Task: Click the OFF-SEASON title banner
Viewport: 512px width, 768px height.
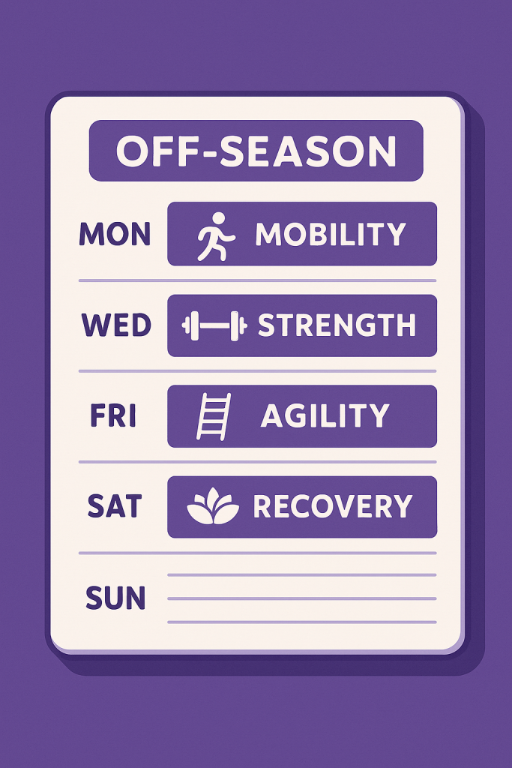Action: pyautogui.click(x=256, y=151)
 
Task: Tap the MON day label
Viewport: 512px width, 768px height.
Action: pyautogui.click(x=115, y=235)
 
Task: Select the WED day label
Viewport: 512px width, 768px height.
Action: pyautogui.click(x=116, y=325)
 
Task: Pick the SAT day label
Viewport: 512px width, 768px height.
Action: pyautogui.click(x=115, y=507)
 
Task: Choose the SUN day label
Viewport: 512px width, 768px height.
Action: pyautogui.click(x=115, y=598)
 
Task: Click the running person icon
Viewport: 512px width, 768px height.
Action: pyautogui.click(x=215, y=236)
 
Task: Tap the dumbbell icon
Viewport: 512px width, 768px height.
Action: pyautogui.click(x=214, y=326)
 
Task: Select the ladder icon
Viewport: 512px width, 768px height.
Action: pyautogui.click(x=213, y=417)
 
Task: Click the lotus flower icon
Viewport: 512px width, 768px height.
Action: pyautogui.click(x=213, y=508)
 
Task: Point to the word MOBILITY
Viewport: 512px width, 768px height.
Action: pyautogui.click(x=331, y=235)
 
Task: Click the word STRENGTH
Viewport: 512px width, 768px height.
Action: pyautogui.click(x=337, y=325)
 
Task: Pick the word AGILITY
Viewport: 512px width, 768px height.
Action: pyautogui.click(x=325, y=416)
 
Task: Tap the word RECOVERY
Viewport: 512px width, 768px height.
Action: pyautogui.click(x=333, y=507)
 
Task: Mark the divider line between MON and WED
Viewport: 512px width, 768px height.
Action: pyautogui.click(x=257, y=280)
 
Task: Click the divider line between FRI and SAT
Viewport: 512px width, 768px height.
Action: pyautogui.click(x=257, y=462)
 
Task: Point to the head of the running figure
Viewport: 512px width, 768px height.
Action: pyautogui.click(x=218, y=218)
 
